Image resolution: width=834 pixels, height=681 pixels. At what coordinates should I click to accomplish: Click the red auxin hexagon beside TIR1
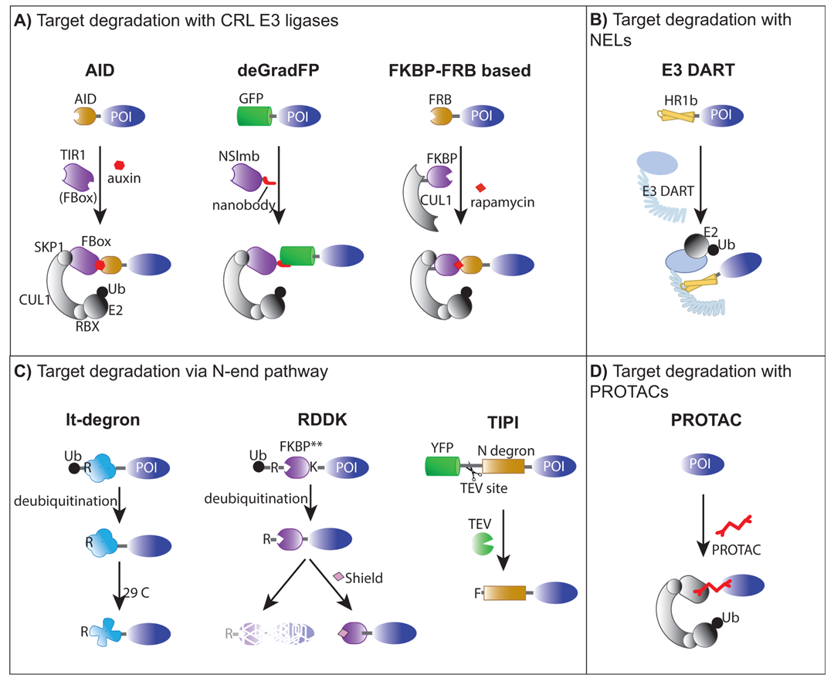coord(120,164)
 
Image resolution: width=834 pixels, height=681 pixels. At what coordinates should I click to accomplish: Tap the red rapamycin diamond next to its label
coord(480,188)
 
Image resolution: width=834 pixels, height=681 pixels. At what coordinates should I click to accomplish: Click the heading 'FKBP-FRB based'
coord(459,71)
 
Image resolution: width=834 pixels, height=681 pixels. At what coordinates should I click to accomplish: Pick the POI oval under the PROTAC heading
coord(705,464)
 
